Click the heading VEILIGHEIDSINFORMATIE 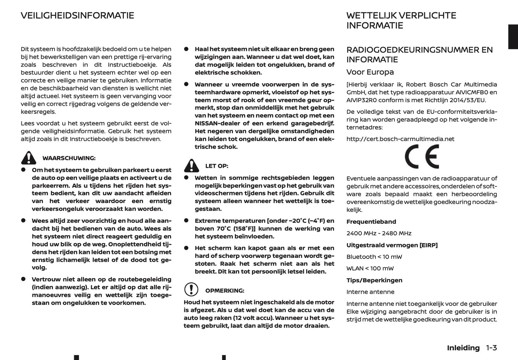tap(77, 15)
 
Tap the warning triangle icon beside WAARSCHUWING tap(28, 158)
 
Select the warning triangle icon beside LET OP tap(191, 165)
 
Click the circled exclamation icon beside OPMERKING tap(191, 289)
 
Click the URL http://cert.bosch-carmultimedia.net tap(400, 139)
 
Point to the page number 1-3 tap(491, 348)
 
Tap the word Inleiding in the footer tap(463, 348)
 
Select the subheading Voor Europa tap(370, 72)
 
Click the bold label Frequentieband tap(371, 222)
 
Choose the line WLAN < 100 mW tap(370, 269)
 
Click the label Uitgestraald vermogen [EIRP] tap(392, 245)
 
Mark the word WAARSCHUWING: tap(69, 158)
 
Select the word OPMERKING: tap(224, 291)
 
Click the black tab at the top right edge tap(513, 37)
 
